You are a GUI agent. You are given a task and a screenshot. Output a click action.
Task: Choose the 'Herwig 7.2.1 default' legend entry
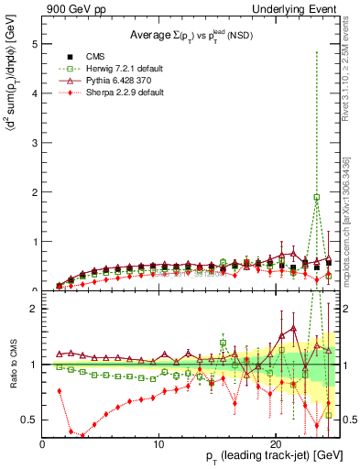108,69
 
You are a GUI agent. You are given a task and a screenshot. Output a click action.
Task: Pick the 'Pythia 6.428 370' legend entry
104,81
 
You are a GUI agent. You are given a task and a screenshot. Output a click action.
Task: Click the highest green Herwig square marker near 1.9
317,197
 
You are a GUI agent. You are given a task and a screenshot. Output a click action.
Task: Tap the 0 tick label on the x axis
42,443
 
